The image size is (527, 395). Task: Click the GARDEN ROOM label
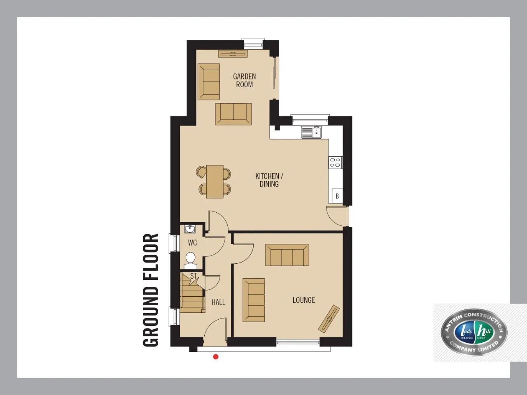245,81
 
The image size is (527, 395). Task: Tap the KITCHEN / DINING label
269,180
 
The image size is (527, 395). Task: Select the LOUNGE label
304,300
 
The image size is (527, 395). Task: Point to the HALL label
218,302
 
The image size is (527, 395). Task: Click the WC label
192,243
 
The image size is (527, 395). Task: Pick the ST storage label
194,276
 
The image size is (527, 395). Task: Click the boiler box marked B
337,196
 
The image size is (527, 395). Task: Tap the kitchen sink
311,132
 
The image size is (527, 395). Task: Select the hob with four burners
336,163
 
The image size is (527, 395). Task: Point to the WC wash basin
190,229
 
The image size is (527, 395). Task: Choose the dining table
215,181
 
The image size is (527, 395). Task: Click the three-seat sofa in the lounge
287,255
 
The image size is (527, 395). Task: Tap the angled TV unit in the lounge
329,319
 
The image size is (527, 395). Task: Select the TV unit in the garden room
233,53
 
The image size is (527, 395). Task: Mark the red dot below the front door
216,357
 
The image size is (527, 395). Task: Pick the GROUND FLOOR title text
151,290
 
